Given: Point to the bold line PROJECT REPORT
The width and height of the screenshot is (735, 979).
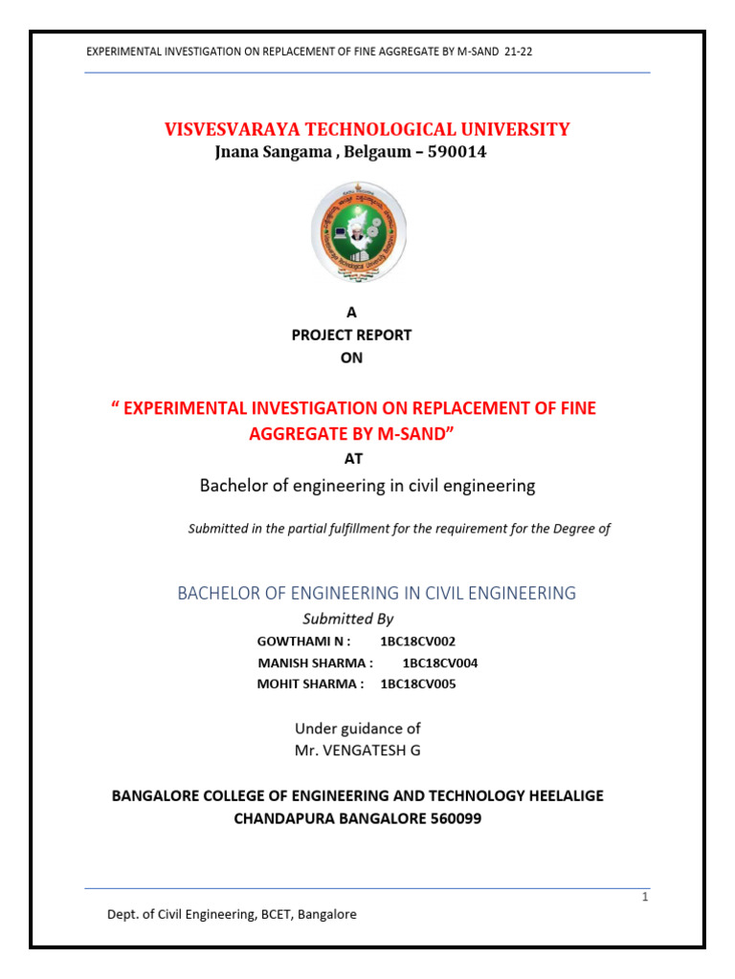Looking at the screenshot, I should click(351, 335).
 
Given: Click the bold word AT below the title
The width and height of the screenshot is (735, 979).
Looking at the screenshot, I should click(353, 458).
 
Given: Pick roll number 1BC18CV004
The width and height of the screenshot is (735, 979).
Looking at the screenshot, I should click(440, 663).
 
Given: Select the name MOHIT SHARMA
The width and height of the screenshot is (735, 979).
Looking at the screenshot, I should click(310, 684).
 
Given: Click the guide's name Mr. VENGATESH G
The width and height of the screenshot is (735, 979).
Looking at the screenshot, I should click(357, 751).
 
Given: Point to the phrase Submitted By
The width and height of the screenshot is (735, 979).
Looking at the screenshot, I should click(347, 619).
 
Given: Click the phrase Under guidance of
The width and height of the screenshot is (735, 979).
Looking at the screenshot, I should click(357, 729).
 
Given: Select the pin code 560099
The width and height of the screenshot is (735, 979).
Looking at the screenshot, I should click(448, 818).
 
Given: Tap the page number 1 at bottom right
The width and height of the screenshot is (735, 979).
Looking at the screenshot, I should click(645, 897).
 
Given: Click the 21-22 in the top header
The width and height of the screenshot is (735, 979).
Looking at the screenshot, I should click(518, 52).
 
